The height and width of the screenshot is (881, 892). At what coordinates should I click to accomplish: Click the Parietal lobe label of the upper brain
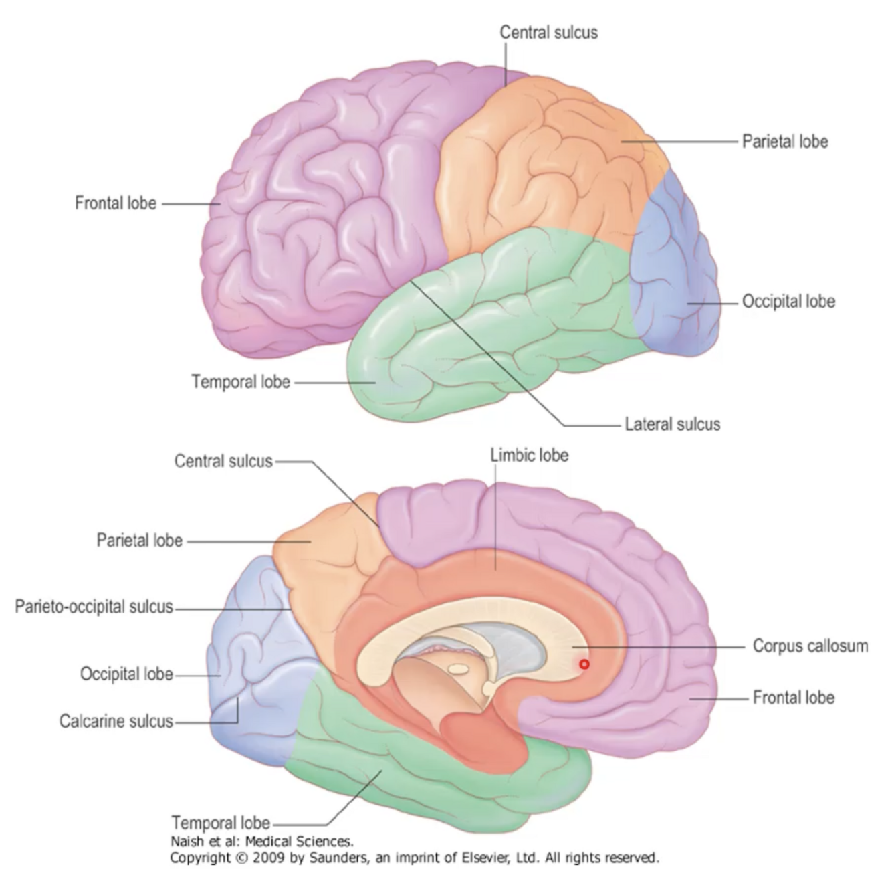[784, 142]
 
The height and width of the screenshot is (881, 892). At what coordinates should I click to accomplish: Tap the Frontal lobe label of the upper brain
[116, 203]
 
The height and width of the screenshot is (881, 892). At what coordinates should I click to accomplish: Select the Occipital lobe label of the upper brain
[788, 301]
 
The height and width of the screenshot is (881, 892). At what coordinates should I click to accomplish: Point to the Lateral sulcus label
[672, 424]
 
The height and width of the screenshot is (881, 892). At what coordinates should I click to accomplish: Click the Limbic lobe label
[529, 455]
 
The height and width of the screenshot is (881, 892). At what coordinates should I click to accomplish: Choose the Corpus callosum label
[810, 646]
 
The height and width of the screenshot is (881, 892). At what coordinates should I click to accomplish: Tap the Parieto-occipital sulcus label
[94, 607]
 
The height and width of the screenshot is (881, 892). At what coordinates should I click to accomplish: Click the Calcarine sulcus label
[116, 721]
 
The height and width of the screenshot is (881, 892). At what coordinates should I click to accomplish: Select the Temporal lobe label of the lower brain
[221, 822]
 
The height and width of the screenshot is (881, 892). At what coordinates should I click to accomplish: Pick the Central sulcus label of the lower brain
[223, 461]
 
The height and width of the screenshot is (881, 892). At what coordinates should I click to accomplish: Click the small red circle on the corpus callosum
[584, 664]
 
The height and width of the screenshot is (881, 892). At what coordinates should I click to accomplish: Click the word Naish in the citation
[187, 842]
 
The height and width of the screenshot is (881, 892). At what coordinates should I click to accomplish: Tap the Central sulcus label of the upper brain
[548, 32]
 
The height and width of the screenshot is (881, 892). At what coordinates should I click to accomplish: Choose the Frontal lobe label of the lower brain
[793, 698]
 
